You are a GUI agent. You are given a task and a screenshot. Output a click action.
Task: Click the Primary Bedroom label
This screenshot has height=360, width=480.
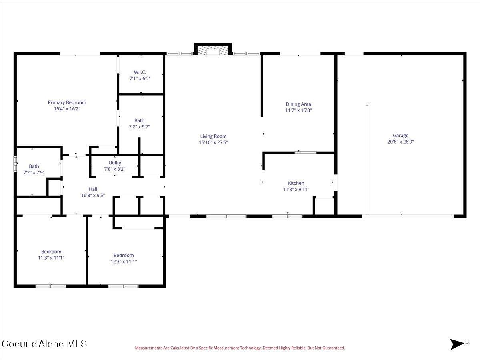click(x=67, y=102)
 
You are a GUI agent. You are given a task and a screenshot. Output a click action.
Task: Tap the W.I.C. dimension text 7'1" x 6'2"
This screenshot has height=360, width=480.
click(x=140, y=78)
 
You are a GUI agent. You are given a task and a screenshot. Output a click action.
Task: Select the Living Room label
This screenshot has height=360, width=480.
click(x=214, y=136)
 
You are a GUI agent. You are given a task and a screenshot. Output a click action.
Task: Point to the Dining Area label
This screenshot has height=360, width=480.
click(x=298, y=104)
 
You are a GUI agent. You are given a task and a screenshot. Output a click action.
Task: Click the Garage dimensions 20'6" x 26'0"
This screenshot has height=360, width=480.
click(x=401, y=142)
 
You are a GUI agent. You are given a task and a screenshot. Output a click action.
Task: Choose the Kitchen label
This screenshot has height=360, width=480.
click(x=296, y=183)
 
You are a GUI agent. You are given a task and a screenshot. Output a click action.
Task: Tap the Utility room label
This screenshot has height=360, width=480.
click(x=115, y=163)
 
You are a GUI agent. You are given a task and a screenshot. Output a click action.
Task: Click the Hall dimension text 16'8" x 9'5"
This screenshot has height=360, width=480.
click(x=93, y=196)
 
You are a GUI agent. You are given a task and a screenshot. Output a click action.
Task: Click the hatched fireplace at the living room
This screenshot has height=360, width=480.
click(x=213, y=50)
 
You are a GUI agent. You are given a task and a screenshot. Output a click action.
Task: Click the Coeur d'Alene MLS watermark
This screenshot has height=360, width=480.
click(x=44, y=344)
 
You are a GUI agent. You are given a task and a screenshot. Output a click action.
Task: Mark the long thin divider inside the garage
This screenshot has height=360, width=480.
click(x=367, y=160)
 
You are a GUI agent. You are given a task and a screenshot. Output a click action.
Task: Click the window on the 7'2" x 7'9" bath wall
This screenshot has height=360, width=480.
click(x=15, y=164)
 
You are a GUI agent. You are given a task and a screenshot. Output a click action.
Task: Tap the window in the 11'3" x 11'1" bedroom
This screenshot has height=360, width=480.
click(x=50, y=286)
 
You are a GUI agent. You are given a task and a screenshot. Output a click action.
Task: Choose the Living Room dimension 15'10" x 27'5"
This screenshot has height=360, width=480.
click(x=214, y=142)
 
